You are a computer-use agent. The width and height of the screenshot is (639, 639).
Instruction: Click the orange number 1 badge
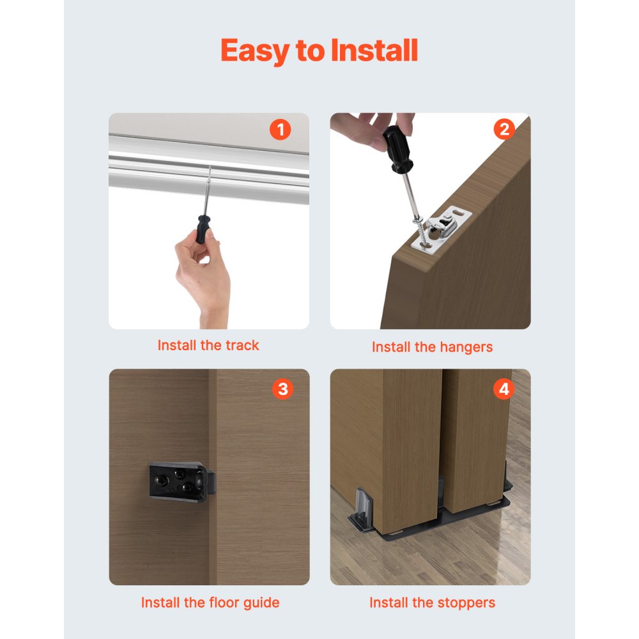(x=280, y=130)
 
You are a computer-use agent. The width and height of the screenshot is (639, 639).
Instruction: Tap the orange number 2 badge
(x=504, y=130)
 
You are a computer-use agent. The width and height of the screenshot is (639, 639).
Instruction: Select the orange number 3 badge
(x=282, y=389)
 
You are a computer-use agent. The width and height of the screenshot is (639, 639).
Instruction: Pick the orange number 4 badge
(x=504, y=389)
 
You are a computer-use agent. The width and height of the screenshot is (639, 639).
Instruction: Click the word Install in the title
(x=374, y=50)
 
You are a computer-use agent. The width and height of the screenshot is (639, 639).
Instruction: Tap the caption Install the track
(x=208, y=346)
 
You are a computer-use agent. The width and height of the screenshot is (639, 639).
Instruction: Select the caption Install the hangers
(x=433, y=348)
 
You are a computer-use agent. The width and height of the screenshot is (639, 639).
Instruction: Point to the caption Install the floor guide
(x=210, y=603)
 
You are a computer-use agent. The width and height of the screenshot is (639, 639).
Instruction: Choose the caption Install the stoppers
(x=432, y=603)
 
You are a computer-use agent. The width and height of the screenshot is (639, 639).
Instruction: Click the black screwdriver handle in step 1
(x=204, y=228)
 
